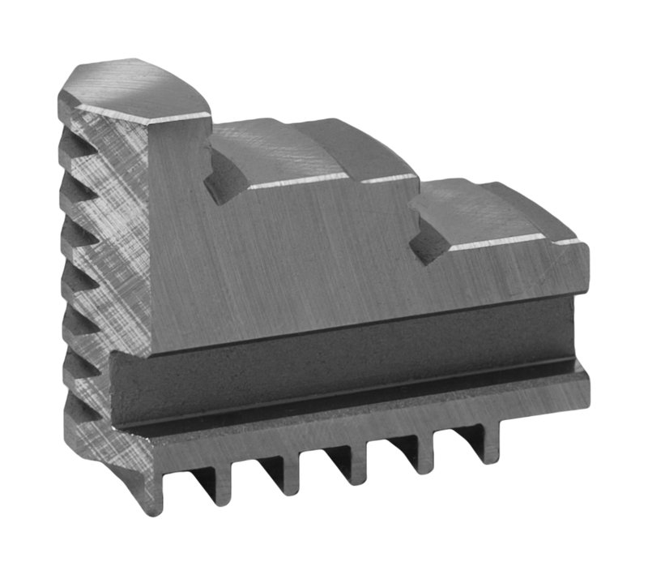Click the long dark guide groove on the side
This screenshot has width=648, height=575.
tap(340, 365)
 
